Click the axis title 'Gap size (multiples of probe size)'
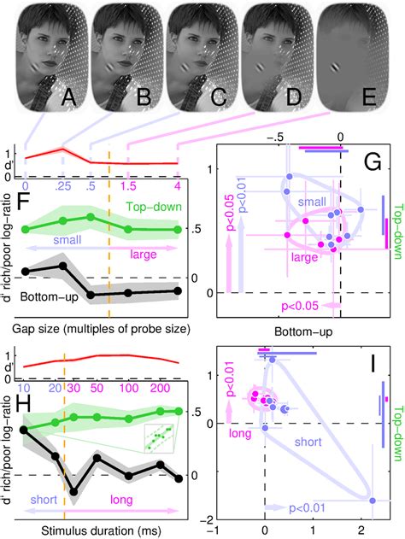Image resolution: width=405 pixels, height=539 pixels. [100, 328]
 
